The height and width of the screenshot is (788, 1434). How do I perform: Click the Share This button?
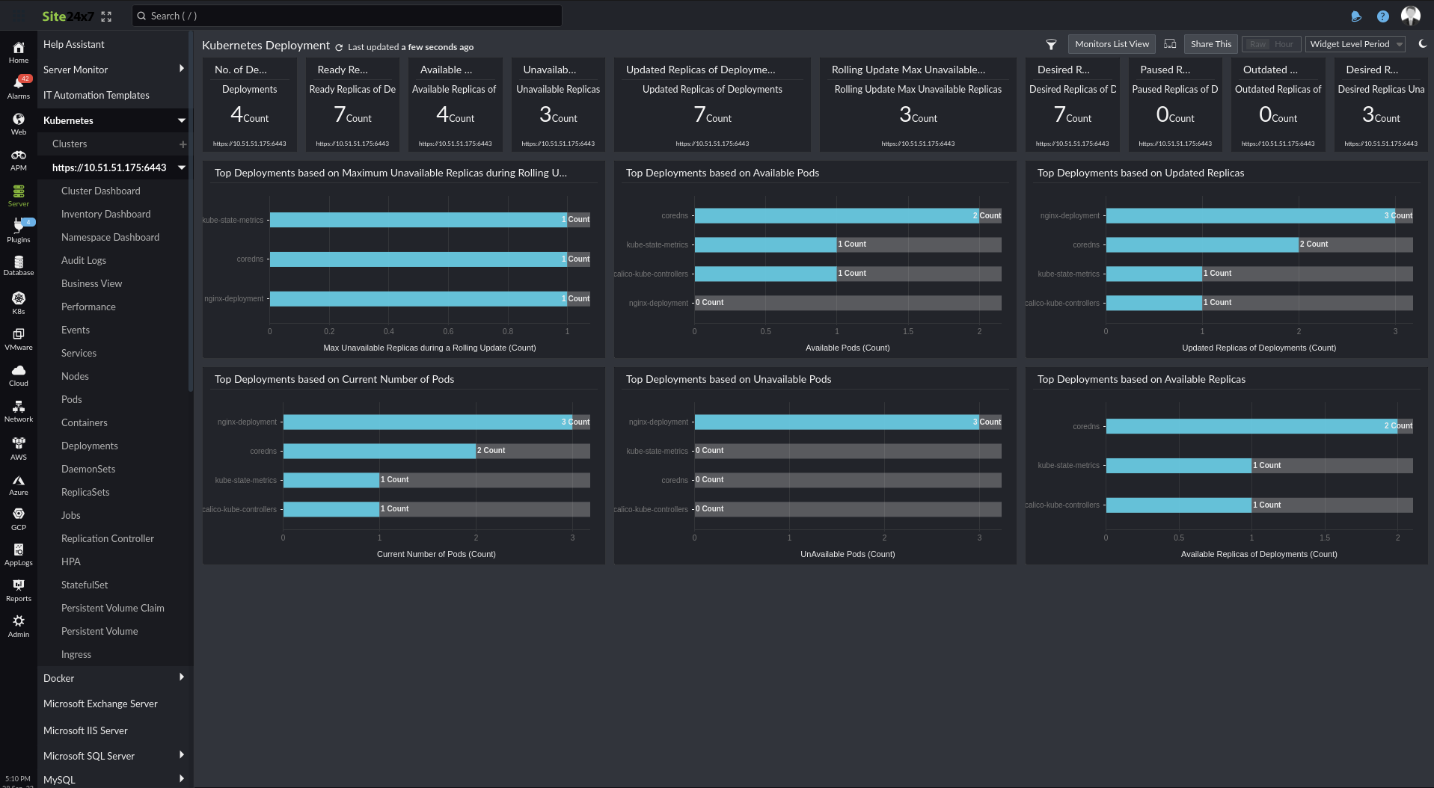(1210, 44)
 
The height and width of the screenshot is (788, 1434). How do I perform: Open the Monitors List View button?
(1112, 44)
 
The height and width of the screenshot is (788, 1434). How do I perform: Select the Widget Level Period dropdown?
(1355, 44)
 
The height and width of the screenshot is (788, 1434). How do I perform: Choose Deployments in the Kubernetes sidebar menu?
(90, 446)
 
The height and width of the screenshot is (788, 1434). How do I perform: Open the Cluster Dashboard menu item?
(100, 191)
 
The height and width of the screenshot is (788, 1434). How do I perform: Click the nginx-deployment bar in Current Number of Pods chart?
(426, 422)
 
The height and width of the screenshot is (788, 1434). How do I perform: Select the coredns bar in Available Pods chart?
(836, 215)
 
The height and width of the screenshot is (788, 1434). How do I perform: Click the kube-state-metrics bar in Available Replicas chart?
(1178, 465)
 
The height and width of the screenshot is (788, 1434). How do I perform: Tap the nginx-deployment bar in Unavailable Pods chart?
(836, 422)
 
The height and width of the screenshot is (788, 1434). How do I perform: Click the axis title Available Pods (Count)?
(847, 348)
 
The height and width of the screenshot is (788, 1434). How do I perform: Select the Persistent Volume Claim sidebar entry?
(112, 608)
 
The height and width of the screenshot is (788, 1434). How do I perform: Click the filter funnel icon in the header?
(1050, 45)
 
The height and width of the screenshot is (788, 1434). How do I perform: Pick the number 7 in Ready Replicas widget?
(340, 114)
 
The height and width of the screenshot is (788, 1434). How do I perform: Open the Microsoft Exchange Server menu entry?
(100, 704)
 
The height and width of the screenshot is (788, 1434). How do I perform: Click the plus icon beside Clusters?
(183, 144)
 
